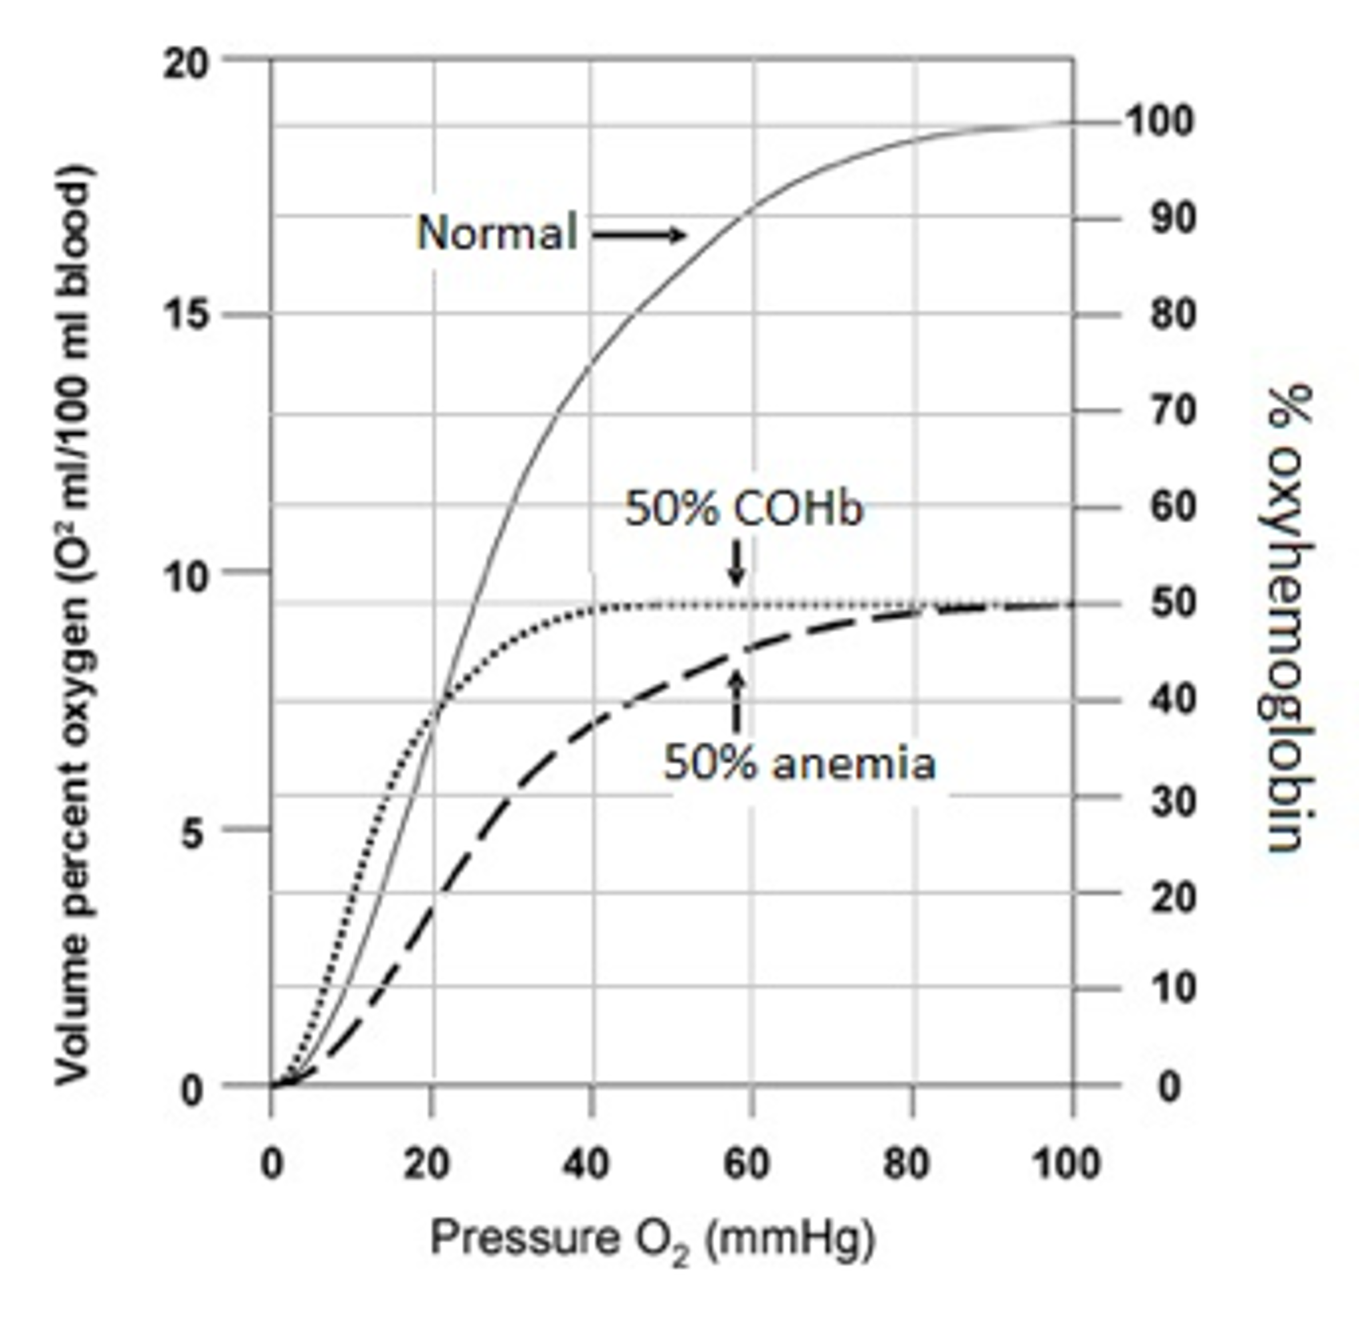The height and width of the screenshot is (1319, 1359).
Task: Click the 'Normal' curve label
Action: click(496, 233)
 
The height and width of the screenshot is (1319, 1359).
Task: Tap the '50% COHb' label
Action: click(743, 508)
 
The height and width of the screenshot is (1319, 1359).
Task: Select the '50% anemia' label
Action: click(799, 764)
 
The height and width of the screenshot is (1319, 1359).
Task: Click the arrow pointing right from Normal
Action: click(638, 235)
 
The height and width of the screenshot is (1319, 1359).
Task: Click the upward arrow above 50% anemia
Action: click(737, 700)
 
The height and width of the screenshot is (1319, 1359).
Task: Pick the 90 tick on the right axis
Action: click(1173, 219)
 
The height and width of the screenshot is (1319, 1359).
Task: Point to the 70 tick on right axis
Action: click(1173, 410)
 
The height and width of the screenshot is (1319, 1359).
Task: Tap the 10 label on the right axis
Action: click(1173, 988)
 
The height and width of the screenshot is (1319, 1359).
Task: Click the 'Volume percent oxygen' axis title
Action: click(73, 624)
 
